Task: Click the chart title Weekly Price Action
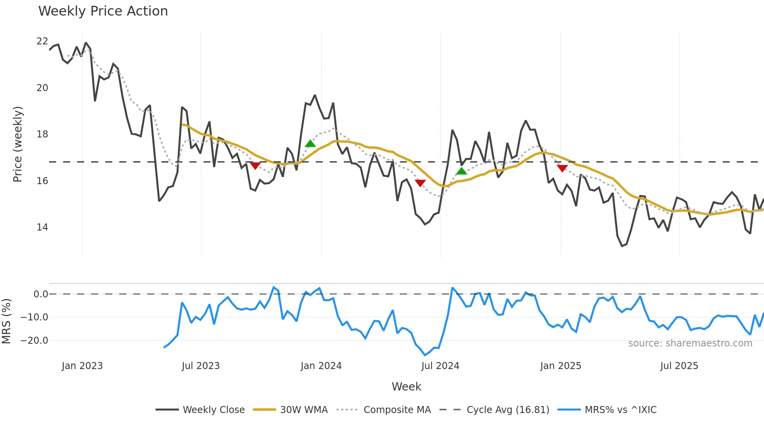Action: tap(103, 11)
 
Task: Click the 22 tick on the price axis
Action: tap(42, 41)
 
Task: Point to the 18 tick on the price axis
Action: tap(42, 134)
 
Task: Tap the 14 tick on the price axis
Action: tap(42, 227)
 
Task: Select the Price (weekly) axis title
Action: tap(18, 144)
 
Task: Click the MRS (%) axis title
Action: tap(6, 321)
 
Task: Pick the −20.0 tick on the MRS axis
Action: tap(35, 341)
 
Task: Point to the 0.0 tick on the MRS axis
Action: tap(41, 294)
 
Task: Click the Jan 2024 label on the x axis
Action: tap(321, 366)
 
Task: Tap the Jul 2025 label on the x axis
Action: tap(679, 366)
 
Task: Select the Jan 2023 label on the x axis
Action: tap(82, 366)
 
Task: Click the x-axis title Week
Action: tap(406, 387)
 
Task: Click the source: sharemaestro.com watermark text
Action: tap(690, 343)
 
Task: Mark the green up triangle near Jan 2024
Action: tap(310, 144)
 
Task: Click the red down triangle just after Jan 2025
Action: tap(562, 168)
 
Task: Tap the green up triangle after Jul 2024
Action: tap(461, 171)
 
